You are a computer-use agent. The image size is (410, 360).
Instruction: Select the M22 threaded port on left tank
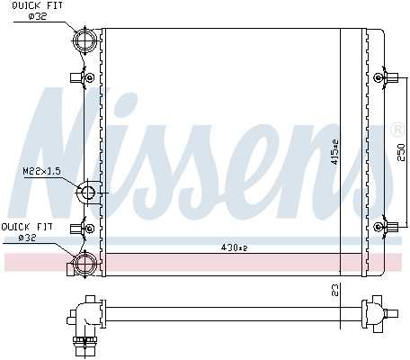tap(88, 193)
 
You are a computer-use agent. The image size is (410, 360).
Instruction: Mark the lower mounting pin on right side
tap(388, 225)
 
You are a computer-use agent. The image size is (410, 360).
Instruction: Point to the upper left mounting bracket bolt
tap(87, 77)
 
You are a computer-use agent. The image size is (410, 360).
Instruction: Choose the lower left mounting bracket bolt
tap(87, 227)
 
